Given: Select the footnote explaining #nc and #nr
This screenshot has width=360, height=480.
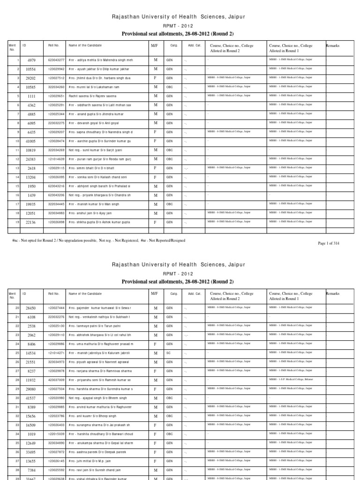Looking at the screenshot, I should pyautogui.click(x=98, y=240).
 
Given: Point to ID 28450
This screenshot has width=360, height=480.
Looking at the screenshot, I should pyautogui.click(x=30, y=307).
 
